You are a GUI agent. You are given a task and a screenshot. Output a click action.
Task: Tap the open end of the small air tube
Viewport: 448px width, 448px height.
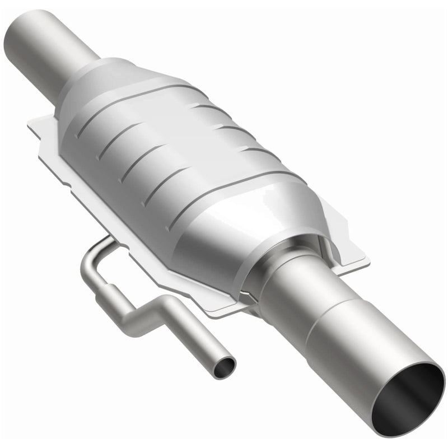(x=226, y=368)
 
